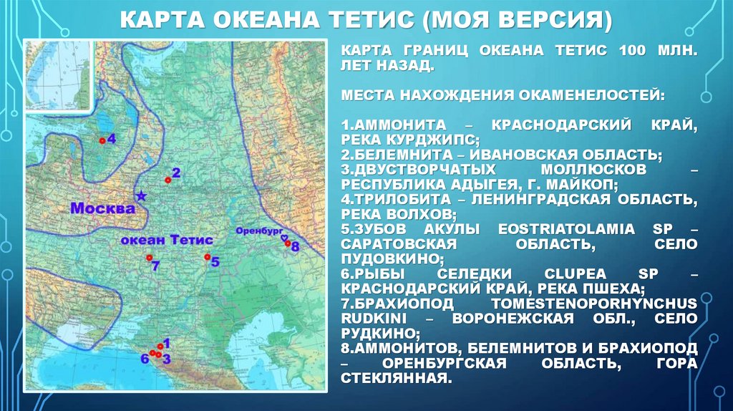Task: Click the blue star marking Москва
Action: click(141, 195)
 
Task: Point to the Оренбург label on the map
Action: click(257, 231)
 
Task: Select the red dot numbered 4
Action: click(102, 141)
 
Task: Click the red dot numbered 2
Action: click(167, 180)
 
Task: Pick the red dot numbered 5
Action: click(207, 257)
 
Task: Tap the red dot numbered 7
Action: click(149, 257)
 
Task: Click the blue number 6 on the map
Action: click(144, 359)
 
